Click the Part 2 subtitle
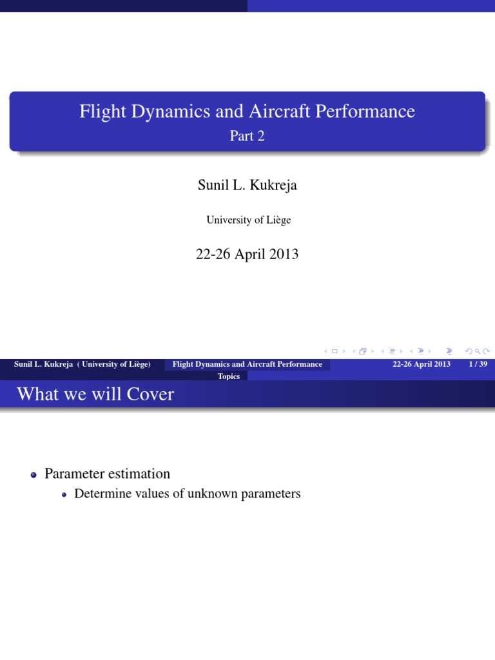(x=247, y=136)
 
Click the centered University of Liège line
(x=248, y=220)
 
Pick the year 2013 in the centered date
(x=284, y=254)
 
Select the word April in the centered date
(x=249, y=254)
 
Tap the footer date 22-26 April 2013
(x=421, y=364)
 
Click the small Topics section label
(x=229, y=376)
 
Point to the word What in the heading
(x=38, y=394)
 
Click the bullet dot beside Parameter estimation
(x=34, y=475)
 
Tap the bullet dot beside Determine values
(x=64, y=495)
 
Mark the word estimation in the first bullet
(x=138, y=474)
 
